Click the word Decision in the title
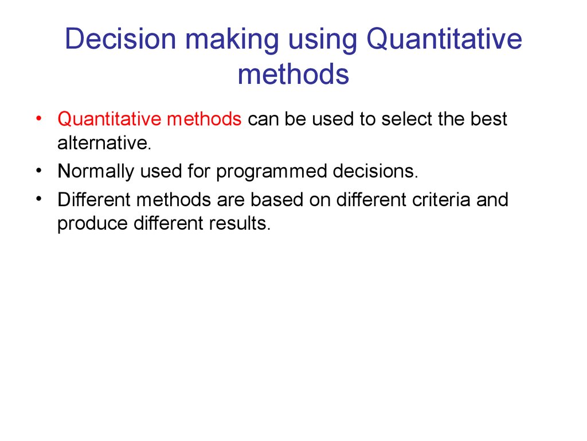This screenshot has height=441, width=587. pos(120,38)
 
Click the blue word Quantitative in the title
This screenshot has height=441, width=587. pos(444,40)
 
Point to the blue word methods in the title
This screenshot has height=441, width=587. pos(293,73)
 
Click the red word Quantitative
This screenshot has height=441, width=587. pos(109,119)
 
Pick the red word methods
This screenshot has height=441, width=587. pos(204,119)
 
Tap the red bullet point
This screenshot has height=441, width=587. pos(39,119)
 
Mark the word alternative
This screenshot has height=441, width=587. pos(104,143)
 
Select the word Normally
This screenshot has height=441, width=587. pos(96,172)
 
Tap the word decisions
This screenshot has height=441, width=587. pos(375,171)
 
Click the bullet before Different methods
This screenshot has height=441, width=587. pos(39,199)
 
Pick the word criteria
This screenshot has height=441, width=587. pos(441,199)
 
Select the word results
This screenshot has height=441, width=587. pos(240,223)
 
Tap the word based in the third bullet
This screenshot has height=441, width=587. pos(277,199)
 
